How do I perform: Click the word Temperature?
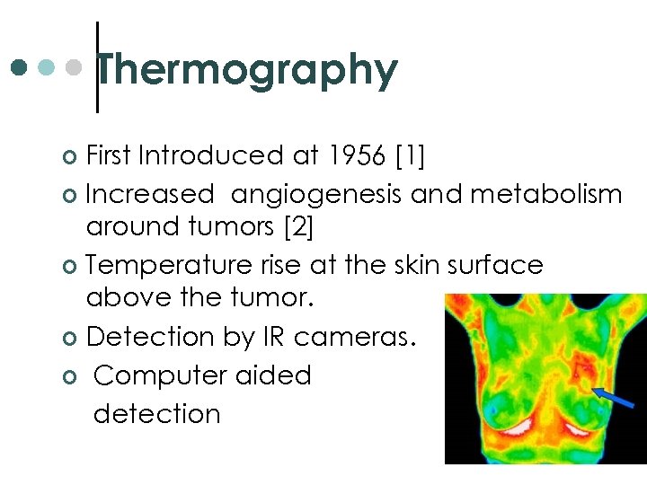(173, 266)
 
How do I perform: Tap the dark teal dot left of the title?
(20, 67)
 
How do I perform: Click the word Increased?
(150, 193)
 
